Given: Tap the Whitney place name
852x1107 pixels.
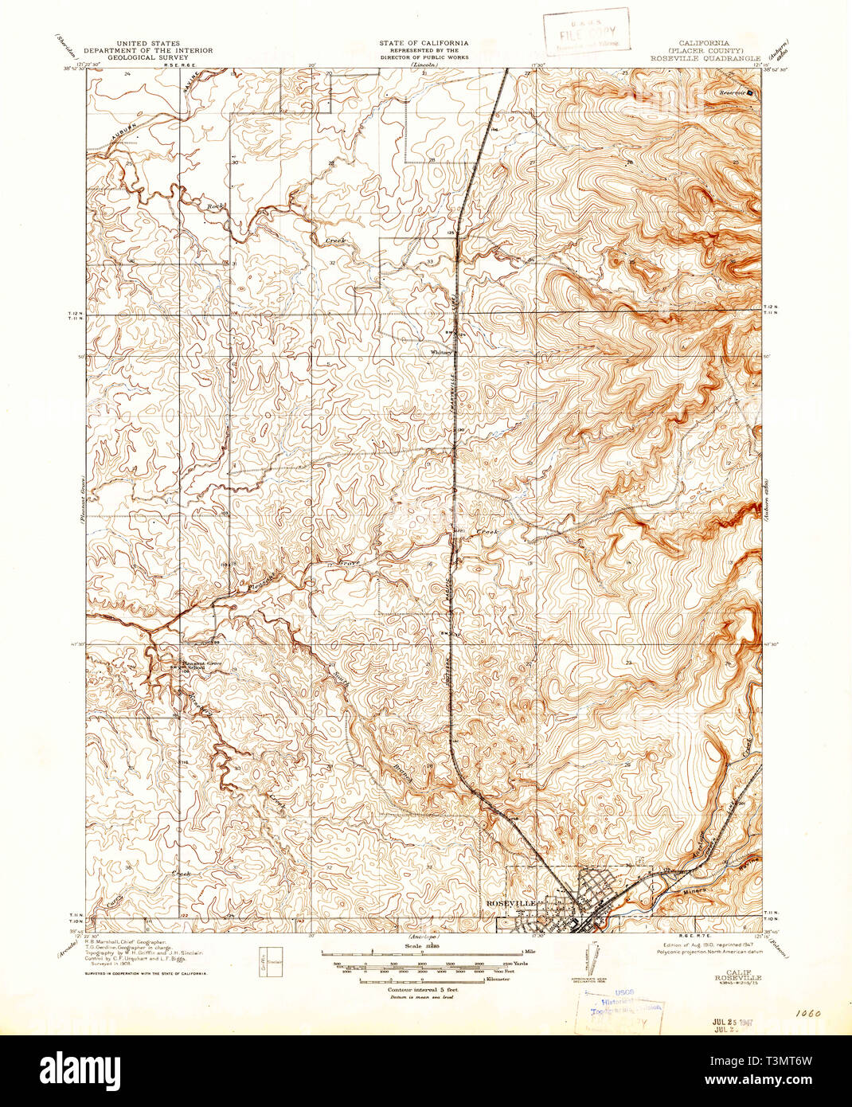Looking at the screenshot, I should pyautogui.click(x=441, y=351).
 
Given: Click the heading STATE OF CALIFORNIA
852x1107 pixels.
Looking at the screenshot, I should pyautogui.click(x=424, y=43).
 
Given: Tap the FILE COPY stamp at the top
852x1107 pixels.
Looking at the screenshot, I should pyautogui.click(x=587, y=32).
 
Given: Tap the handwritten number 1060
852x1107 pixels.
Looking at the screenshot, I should pyautogui.click(x=807, y=1017).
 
